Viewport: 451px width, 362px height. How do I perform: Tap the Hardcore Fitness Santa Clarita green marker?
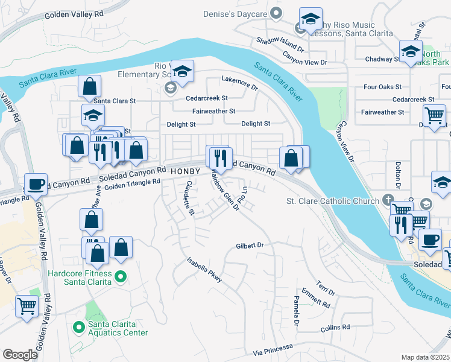(x=121, y=278)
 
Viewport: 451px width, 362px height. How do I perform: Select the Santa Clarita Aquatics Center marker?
(x=78, y=327)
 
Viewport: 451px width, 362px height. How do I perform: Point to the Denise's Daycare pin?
(x=276, y=13)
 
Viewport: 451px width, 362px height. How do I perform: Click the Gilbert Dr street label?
(x=250, y=246)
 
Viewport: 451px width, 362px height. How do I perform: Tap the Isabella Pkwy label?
(x=204, y=269)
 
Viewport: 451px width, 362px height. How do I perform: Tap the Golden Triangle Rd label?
(x=133, y=183)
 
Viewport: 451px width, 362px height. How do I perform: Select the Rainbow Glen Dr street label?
(x=225, y=191)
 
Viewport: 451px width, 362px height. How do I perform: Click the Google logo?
(x=20, y=355)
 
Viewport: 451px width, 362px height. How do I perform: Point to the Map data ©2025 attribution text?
(x=425, y=357)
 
